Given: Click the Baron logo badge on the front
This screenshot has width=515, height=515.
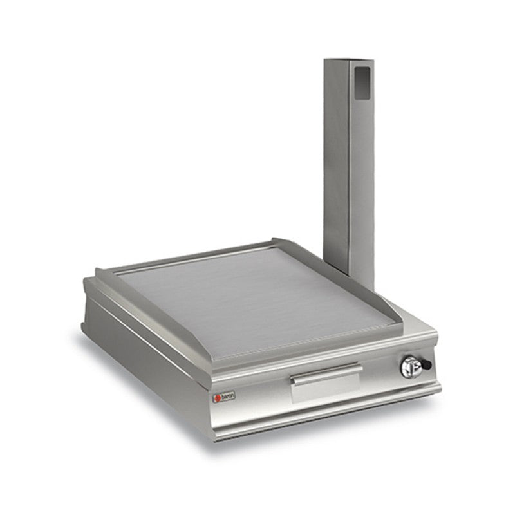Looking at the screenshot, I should (x=224, y=397).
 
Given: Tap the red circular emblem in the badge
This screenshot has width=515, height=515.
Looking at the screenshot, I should (x=218, y=398).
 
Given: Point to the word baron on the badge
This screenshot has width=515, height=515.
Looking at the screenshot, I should (x=228, y=397).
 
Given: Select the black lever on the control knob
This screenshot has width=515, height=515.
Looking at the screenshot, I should (x=425, y=365).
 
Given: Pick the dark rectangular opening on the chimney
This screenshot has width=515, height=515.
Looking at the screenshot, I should (x=364, y=84).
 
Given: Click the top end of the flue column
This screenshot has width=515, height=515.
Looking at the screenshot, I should (x=348, y=61).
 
